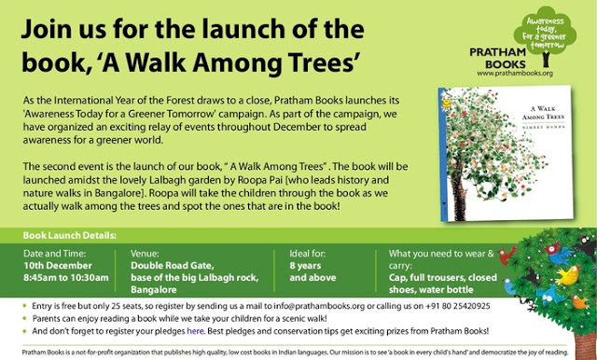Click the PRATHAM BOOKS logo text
[497, 58]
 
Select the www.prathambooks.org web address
[515, 74]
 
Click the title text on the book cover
[543, 113]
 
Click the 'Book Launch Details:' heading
[70, 236]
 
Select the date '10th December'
[58, 266]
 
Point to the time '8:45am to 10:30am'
[66, 278]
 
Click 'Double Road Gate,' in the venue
[173, 266]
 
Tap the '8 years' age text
[305, 266]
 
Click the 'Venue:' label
[145, 254]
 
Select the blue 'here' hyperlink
[195, 331]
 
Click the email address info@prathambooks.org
[319, 306]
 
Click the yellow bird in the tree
[568, 275]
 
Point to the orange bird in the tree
[580, 302]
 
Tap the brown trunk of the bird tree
[585, 345]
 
